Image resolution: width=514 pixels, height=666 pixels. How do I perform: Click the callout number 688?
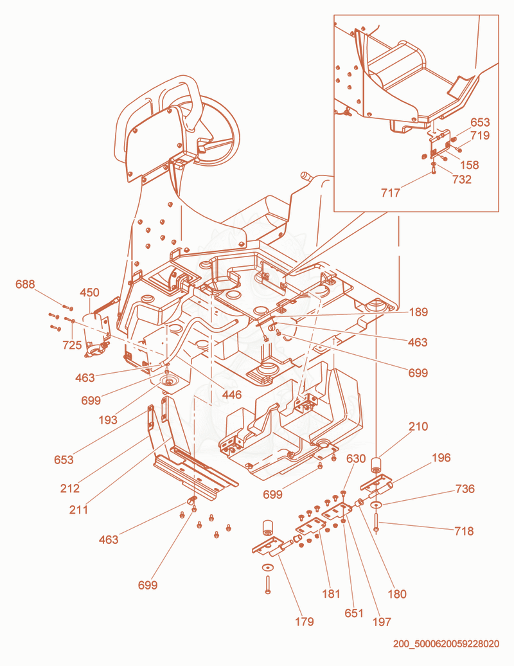25,284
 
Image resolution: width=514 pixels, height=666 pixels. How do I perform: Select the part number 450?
89,292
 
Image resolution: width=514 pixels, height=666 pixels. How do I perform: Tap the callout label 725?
72,345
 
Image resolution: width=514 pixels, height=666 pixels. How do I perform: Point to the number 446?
232,395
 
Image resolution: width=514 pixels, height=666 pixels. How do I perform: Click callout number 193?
108,420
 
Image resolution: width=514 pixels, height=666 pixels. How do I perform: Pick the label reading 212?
69,489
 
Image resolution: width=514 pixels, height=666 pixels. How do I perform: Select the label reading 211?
78,509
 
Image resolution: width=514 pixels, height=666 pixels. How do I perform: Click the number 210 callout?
418,426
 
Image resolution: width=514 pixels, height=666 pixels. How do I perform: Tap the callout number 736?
465,489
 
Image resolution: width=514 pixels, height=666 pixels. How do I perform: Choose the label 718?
464,531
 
